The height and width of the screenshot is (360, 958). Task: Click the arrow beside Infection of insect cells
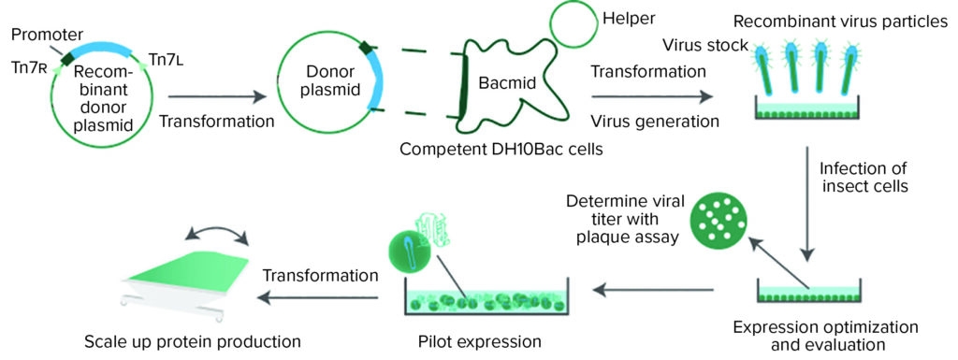[809, 206]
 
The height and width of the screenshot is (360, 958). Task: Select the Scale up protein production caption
[191, 340]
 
